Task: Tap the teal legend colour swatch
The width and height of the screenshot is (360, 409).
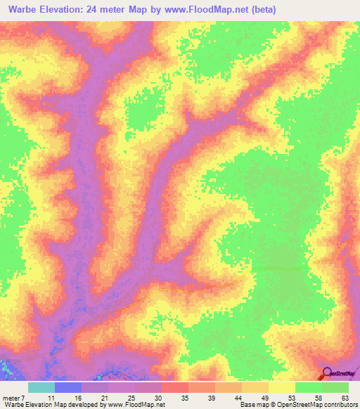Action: tap(41, 387)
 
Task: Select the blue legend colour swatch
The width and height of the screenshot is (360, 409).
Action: tap(67, 387)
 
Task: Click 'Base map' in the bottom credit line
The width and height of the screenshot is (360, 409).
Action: tap(250, 405)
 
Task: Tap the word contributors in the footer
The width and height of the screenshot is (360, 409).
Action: tap(342, 405)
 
